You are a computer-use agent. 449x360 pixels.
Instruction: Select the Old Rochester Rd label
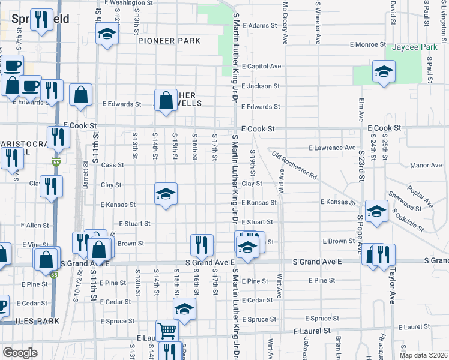(x=294, y=166)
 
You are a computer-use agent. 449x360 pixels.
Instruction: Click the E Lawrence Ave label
(x=332, y=148)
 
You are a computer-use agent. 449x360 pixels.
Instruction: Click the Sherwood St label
(x=405, y=202)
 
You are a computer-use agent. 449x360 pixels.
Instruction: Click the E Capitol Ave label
(x=261, y=67)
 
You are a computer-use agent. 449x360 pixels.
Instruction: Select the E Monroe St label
(x=367, y=44)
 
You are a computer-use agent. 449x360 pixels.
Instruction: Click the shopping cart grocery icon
(x=167, y=331)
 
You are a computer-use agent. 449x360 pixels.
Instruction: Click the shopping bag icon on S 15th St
(x=166, y=100)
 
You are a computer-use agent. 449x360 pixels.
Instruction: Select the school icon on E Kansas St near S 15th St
(x=166, y=194)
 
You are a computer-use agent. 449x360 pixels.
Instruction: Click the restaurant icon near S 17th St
(x=202, y=244)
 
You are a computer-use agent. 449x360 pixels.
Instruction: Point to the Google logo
(x=20, y=353)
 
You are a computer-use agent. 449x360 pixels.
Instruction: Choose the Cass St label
(x=112, y=165)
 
